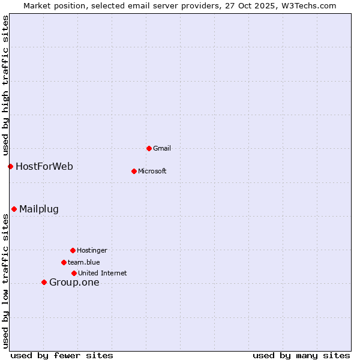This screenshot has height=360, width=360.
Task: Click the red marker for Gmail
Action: click(x=149, y=148)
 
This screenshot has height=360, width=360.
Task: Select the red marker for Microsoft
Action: click(x=134, y=171)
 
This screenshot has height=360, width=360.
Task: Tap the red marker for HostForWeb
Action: click(x=10, y=166)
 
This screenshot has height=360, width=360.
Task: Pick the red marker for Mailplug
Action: click(x=14, y=209)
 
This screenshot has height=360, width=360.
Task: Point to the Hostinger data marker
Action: click(x=73, y=250)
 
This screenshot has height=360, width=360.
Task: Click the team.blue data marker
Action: click(x=64, y=262)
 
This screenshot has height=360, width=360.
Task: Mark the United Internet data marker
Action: click(x=74, y=273)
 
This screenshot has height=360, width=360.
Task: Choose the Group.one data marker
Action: click(x=44, y=282)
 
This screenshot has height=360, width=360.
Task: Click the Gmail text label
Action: click(x=162, y=148)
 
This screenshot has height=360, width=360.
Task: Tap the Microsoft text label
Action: click(x=152, y=171)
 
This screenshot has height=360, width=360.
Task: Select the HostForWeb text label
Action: click(x=44, y=166)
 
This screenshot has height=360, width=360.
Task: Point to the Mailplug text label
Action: click(x=39, y=209)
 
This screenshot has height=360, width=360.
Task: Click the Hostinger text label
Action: click(x=92, y=250)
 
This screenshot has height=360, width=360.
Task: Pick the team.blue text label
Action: click(x=84, y=262)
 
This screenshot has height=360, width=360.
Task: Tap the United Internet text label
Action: click(x=103, y=273)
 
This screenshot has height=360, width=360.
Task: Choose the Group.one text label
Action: click(x=74, y=283)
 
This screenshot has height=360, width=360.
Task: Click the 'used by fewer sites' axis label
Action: click(x=62, y=355)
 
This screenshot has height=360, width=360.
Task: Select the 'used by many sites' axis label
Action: click(x=301, y=355)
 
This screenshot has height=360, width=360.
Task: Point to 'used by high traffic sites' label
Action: click(x=5, y=85)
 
